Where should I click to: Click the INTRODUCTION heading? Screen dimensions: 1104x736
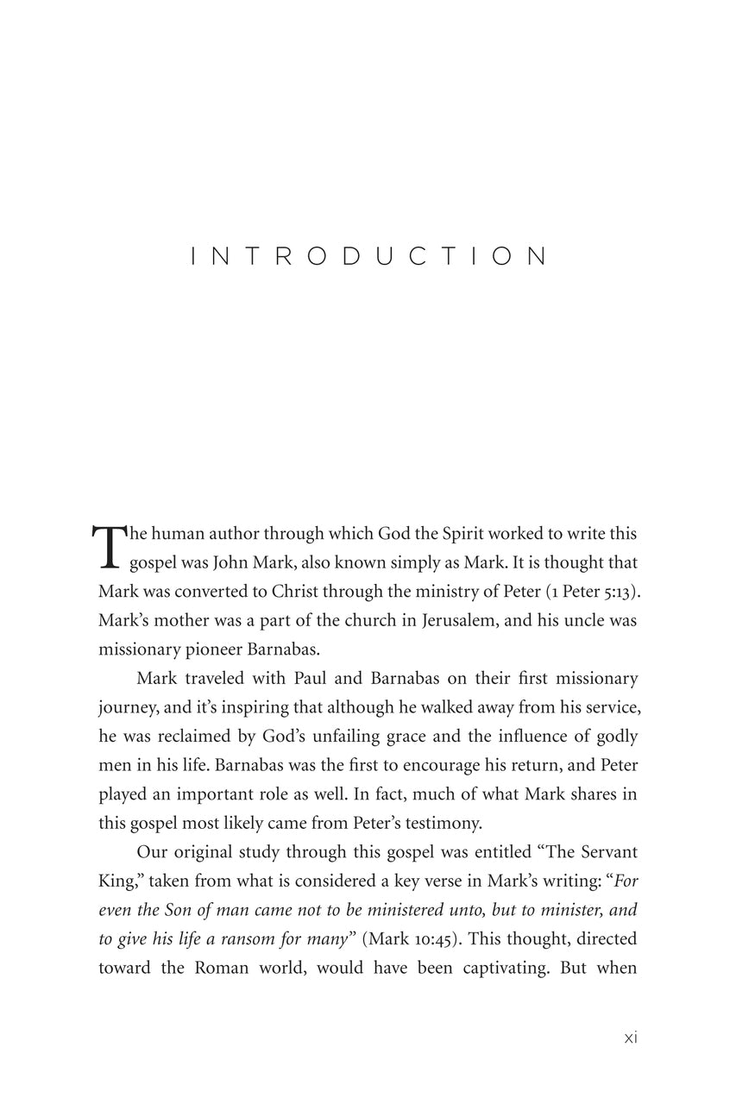pos(368,256)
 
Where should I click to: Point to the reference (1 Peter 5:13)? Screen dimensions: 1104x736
pos(586,591)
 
